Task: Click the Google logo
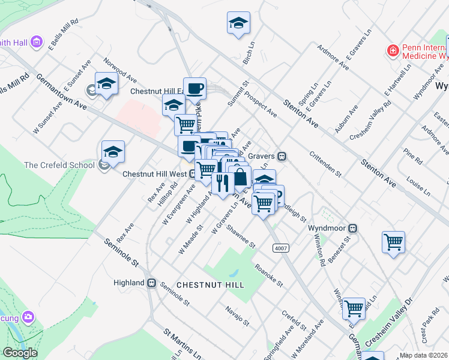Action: pyautogui.click(x=20, y=353)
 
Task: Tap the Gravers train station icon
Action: pyautogui.click(x=281, y=156)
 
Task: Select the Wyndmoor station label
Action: pyautogui.click(x=328, y=228)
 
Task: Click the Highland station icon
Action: pyautogui.click(x=152, y=283)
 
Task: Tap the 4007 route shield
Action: pyautogui.click(x=279, y=248)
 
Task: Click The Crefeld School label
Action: pyautogui.click(x=59, y=165)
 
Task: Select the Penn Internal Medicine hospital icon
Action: pyautogui.click(x=393, y=50)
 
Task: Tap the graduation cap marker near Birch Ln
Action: pyautogui.click(x=238, y=23)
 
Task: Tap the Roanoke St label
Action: pyautogui.click(x=268, y=272)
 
